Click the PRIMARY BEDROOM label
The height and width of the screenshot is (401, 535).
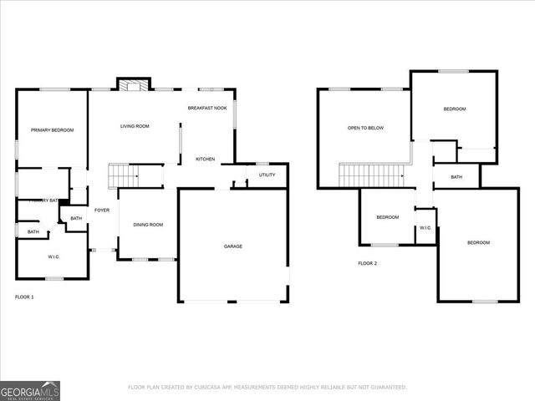click(52, 129)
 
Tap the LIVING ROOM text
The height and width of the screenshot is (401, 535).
click(135, 126)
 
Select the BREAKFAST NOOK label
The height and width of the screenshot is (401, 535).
click(207, 108)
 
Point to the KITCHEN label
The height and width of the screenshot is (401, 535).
click(206, 159)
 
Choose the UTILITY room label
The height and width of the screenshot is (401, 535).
click(267, 175)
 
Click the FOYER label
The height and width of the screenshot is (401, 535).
click(102, 210)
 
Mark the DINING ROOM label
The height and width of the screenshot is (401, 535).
click(148, 224)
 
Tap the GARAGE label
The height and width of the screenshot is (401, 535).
click(233, 246)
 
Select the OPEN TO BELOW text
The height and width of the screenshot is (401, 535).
click(365, 128)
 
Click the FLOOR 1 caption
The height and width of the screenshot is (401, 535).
click(25, 297)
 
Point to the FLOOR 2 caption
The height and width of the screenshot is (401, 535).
click(368, 263)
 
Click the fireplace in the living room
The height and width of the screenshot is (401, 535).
click(131, 84)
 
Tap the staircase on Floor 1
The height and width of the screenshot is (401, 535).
click(124, 177)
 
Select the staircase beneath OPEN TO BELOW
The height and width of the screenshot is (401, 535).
click(370, 175)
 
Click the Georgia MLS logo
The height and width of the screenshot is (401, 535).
click(30, 390)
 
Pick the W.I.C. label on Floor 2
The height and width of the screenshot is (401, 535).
click(425, 227)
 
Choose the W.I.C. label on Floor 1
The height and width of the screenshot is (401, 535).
click(53, 256)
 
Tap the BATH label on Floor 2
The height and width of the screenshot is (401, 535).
click(456, 176)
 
